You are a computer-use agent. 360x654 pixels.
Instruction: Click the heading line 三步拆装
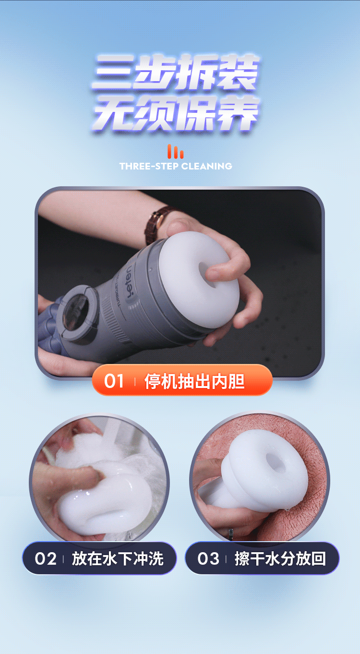point(176,72)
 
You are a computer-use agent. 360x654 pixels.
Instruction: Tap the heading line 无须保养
point(176,114)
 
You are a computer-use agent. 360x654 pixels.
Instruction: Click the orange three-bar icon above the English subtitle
point(176,151)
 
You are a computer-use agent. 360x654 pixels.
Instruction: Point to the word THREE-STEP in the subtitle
point(149,166)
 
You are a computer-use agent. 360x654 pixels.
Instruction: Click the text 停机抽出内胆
point(194,382)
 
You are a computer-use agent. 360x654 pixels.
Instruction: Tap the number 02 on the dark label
point(46,559)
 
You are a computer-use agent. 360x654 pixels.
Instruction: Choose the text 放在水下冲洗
point(118,559)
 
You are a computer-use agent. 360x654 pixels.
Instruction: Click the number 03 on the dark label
point(208,559)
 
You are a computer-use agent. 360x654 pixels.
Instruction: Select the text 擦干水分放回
point(280,559)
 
